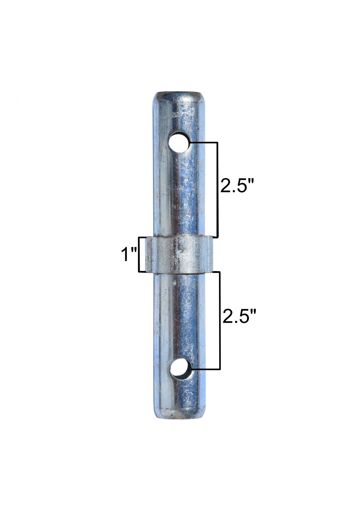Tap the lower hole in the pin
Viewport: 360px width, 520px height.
point(180,369)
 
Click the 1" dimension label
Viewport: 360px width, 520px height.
point(129,254)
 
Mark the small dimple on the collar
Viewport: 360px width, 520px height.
point(182,251)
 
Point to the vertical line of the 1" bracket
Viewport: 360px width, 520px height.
point(139,254)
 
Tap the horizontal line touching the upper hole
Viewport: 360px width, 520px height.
point(203,143)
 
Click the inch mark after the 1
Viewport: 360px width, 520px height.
point(134,250)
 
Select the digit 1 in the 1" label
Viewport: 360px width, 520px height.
point(125,254)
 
